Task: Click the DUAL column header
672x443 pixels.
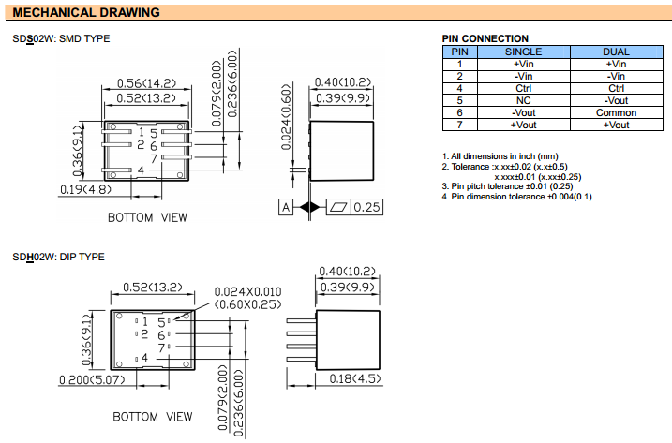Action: [616, 52]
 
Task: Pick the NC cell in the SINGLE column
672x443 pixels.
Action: [523, 100]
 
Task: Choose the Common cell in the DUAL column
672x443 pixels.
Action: [616, 112]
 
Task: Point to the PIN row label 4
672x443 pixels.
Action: [459, 88]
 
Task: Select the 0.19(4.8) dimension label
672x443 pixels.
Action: [85, 189]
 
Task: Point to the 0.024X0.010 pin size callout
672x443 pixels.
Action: [248, 292]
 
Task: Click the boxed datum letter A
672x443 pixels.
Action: [286, 207]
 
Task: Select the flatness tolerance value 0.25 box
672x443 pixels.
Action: [366, 207]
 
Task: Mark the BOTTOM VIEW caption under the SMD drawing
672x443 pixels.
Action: [147, 217]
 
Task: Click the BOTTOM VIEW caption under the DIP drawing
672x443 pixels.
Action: [153, 416]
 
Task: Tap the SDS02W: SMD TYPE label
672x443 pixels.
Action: [61, 39]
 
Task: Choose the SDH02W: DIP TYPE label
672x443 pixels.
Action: [58, 257]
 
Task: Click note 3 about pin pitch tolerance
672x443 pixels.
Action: [514, 186]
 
